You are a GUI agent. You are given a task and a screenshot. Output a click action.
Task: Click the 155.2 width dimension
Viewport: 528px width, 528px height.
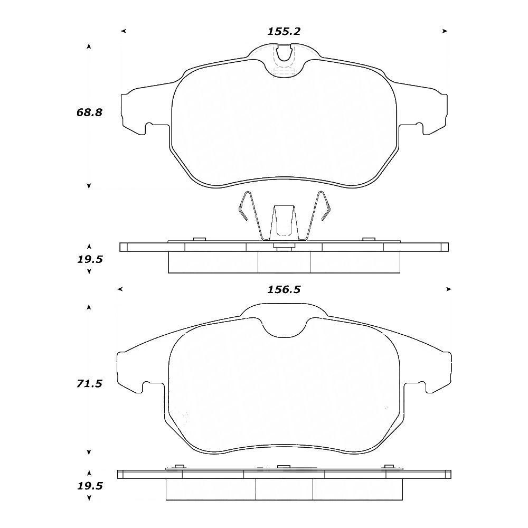pos(284,31)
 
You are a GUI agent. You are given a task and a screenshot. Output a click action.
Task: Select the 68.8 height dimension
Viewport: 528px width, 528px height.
pos(89,112)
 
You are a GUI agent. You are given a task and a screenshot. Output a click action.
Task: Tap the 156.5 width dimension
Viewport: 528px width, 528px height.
pos(284,289)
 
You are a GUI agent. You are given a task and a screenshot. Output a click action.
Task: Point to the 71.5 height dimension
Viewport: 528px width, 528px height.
pos(89,384)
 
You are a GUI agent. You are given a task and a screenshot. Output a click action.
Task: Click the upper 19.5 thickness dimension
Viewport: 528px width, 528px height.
pos(90,260)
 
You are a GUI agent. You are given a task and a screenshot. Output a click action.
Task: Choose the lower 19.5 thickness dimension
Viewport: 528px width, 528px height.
pos(90,486)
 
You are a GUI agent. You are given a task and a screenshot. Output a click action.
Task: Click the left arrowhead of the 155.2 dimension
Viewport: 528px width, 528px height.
pos(124,31)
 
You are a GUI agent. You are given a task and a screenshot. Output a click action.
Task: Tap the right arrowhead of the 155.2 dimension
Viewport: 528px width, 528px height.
pos(445,31)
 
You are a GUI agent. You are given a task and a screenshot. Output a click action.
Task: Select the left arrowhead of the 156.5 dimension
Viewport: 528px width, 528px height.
pos(120,289)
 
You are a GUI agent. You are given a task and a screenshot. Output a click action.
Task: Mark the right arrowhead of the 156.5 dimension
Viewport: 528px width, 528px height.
pos(448,289)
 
